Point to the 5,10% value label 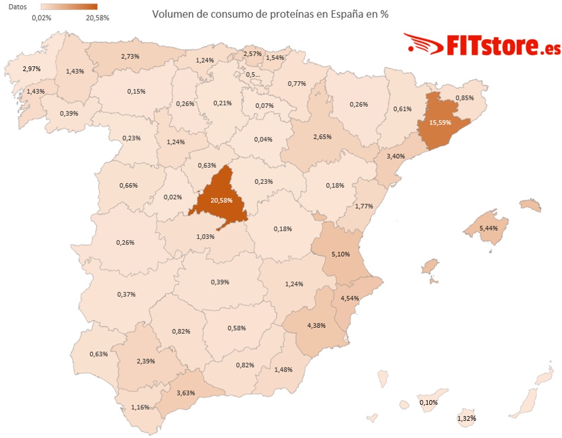pos(340,254)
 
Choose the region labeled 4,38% pos(316,325)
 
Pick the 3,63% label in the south pos(186,392)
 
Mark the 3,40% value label pos(396,157)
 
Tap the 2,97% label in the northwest pos(31,69)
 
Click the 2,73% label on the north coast pos(130,56)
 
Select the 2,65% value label pos(322,137)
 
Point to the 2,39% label pos(146,361)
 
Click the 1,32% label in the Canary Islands pos(466,418)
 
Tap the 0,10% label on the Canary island pos(428,403)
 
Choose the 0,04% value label pos(263,139)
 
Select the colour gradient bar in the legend pos(69,7)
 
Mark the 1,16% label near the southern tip pos(140,408)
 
